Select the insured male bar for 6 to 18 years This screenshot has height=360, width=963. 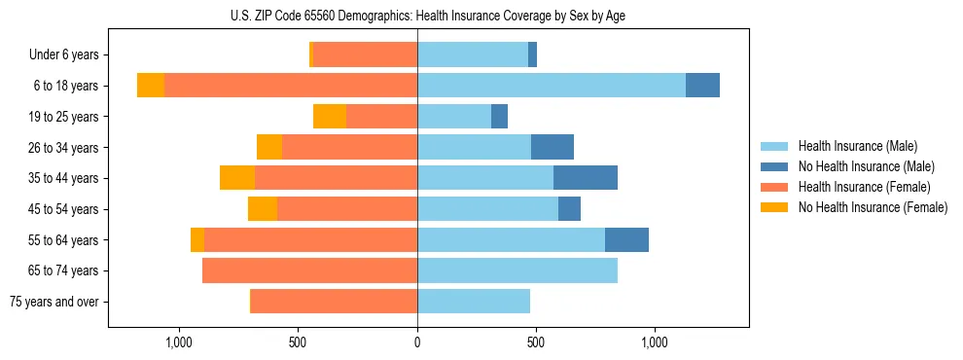[552, 86]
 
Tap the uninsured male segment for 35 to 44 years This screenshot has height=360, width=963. [586, 178]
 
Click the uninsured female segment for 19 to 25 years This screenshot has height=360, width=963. [330, 117]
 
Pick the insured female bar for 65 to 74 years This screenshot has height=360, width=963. [309, 270]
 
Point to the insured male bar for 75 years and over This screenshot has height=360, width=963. [474, 302]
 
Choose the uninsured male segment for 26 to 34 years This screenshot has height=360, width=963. [553, 147]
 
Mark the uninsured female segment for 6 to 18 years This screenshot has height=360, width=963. [151, 86]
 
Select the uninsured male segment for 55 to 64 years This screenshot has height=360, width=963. [626, 239]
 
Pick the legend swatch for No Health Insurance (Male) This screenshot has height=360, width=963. [775, 166]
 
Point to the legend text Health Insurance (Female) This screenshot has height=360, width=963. [865, 187]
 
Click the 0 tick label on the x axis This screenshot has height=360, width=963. [417, 342]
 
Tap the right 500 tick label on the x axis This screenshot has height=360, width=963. [536, 342]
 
